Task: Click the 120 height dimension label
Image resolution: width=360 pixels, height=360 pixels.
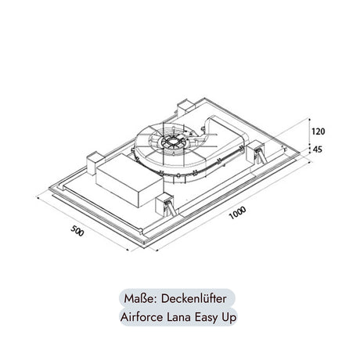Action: pos(319,131)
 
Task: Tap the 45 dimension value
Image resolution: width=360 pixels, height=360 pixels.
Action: pos(317,149)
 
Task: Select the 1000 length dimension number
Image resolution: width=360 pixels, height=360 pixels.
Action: pos(237,213)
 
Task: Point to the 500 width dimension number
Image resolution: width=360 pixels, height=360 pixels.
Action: pos(77,231)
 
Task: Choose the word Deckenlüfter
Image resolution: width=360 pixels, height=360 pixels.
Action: pos(194,299)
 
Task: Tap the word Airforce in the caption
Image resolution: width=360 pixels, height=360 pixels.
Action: pos(141,317)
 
